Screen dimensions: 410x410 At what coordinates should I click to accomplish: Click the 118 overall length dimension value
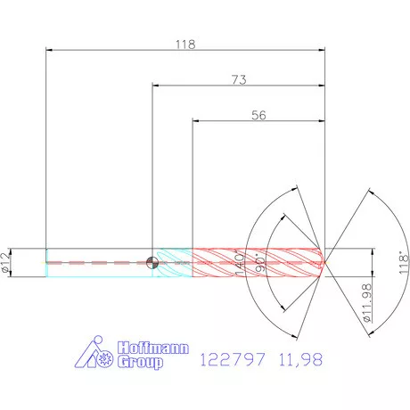pyautogui.click(x=185, y=43)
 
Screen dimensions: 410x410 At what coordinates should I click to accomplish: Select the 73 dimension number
pyautogui.click(x=239, y=79)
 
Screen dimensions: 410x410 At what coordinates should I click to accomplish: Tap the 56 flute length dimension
pyautogui.click(x=259, y=115)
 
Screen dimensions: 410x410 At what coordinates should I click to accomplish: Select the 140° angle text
pyautogui.click(x=238, y=262)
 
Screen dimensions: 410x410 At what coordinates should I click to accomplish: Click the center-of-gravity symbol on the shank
pyautogui.click(x=153, y=262)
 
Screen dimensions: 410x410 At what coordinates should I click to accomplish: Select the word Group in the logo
pyautogui.click(x=143, y=363)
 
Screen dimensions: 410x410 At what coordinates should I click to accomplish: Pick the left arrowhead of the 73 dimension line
pyautogui.click(x=157, y=86)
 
